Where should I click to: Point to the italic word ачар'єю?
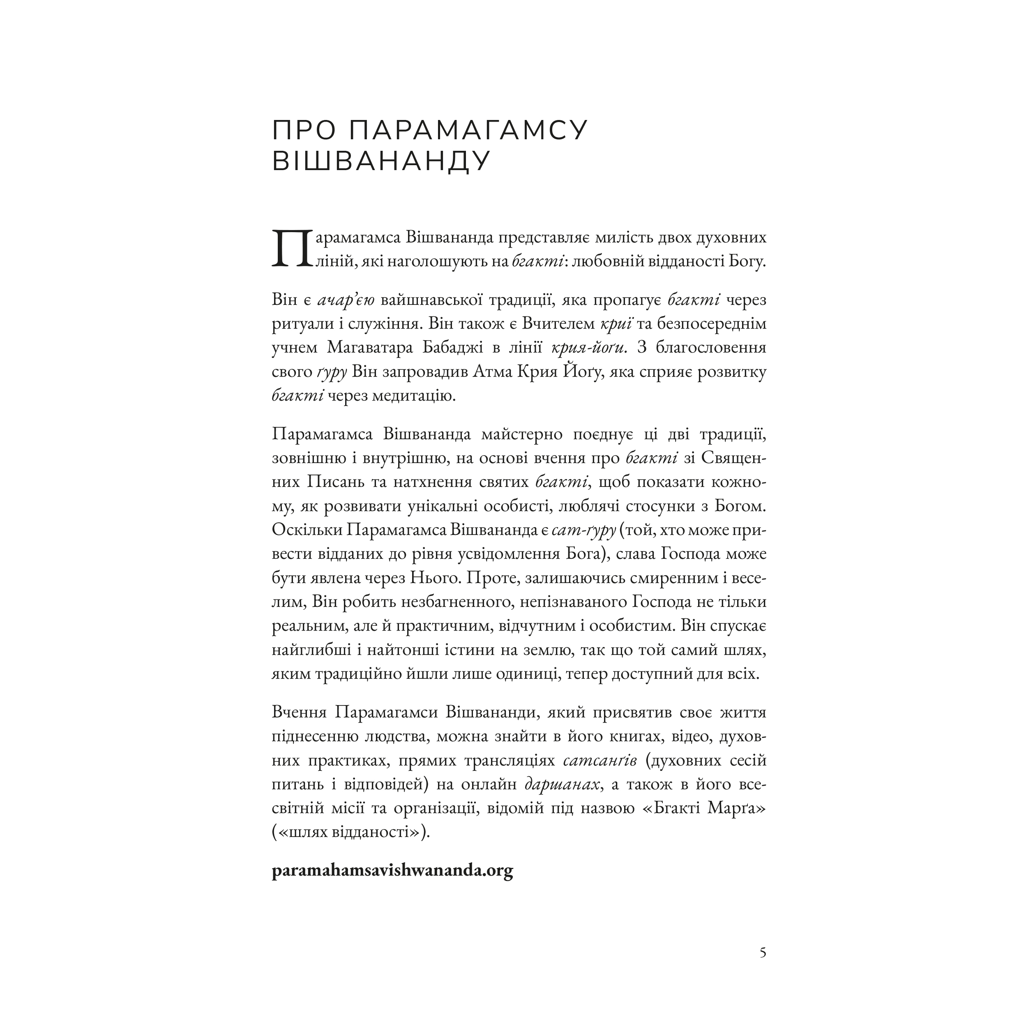(346, 300)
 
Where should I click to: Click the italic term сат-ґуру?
(584, 530)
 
